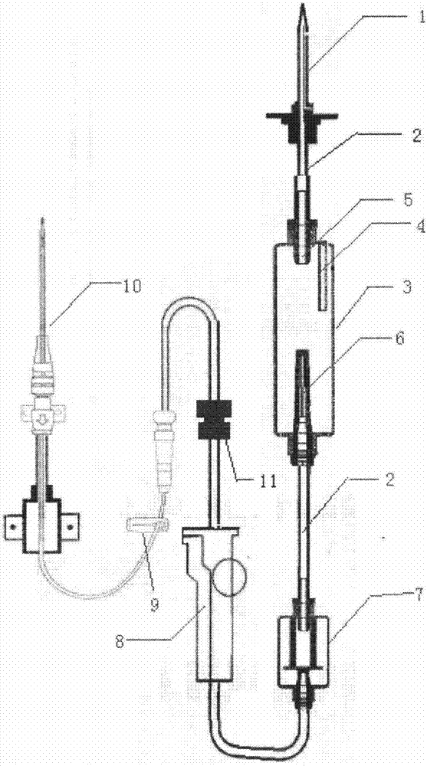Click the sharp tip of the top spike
[304, 5]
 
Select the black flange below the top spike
[302, 116]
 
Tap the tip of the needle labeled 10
[43, 221]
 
